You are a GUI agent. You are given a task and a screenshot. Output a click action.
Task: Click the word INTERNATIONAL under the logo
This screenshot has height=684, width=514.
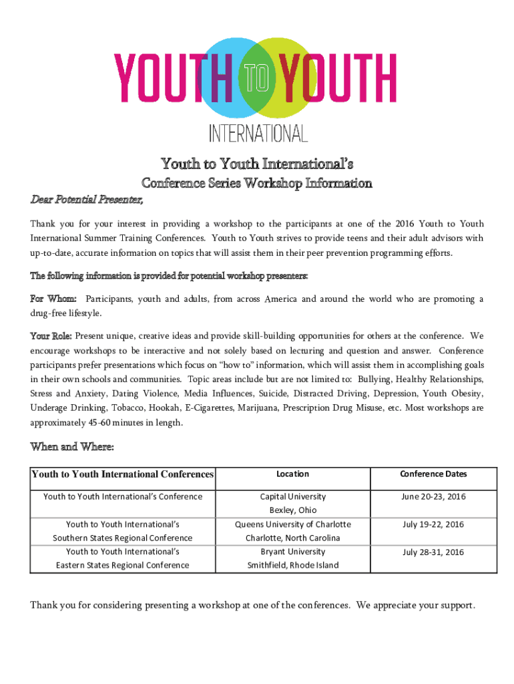[258, 133]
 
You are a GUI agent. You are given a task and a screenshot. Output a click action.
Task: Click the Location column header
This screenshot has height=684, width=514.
[293, 474]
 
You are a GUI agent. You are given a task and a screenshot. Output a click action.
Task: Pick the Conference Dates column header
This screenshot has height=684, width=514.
[433, 474]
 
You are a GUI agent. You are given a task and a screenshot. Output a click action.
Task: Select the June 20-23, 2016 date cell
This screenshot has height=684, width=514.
[433, 497]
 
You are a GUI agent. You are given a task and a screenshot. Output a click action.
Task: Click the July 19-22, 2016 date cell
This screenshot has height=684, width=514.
[433, 524]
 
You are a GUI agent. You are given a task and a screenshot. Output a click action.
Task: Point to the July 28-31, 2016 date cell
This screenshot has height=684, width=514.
[433, 552]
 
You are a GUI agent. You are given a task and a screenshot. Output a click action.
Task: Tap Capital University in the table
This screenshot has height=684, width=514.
[293, 497]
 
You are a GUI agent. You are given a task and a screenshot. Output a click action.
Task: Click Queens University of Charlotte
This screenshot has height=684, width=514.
[293, 524]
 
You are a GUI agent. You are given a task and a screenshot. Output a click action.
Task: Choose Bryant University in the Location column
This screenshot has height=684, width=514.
[293, 552]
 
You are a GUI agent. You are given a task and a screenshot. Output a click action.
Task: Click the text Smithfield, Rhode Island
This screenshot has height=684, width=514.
[293, 565]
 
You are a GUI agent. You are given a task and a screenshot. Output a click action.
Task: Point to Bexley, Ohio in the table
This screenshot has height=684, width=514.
[293, 510]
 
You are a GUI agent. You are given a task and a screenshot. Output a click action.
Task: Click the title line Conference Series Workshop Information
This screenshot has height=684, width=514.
[255, 183]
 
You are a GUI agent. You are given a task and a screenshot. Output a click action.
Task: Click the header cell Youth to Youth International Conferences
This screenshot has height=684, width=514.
[122, 475]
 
